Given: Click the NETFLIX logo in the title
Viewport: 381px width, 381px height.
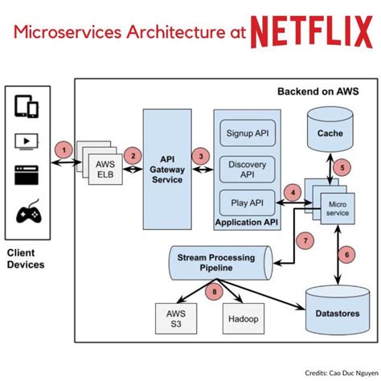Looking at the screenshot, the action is (x=312, y=32).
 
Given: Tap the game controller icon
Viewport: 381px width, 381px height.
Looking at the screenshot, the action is (x=29, y=211).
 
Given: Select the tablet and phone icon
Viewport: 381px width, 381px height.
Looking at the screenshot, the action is (x=27, y=106).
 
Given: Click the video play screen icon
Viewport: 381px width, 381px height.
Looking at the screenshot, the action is (x=27, y=141).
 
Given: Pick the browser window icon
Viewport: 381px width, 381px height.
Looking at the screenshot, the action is (x=27, y=175).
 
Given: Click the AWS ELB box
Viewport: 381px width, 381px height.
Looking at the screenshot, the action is (x=105, y=170).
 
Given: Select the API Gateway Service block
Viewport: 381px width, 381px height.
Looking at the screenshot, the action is (x=167, y=170).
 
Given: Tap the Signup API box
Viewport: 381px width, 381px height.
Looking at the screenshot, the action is (x=248, y=133).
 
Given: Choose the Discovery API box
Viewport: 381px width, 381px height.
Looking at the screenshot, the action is (x=248, y=170).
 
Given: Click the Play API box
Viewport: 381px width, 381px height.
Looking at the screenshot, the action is (x=248, y=203).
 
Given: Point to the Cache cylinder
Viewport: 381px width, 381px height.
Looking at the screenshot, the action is (x=330, y=129).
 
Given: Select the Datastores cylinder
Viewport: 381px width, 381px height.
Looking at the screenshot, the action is (x=338, y=310).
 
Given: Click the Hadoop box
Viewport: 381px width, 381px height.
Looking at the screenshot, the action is (x=244, y=318).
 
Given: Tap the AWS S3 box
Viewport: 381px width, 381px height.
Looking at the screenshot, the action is (x=176, y=318).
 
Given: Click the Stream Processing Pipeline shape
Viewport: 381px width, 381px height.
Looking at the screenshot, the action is (x=221, y=263).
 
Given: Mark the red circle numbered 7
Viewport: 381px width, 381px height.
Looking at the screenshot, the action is (x=305, y=240).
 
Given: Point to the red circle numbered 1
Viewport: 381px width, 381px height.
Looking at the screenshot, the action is (x=63, y=150).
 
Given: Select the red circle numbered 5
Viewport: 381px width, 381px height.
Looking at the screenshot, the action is (x=342, y=168).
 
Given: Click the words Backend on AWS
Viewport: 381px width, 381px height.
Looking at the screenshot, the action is (x=318, y=92).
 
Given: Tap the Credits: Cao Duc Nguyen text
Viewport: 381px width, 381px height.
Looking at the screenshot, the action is (x=342, y=373).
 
